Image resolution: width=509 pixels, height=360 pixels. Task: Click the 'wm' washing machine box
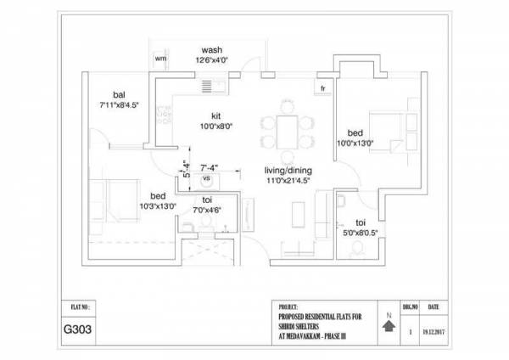pyautogui.click(x=160, y=59)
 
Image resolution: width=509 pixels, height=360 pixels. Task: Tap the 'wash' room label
pyautogui.click(x=211, y=49)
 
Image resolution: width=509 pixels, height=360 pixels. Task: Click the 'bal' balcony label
pyautogui.click(x=119, y=95)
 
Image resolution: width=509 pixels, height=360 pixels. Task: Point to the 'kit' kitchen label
pyautogui.click(x=215, y=115)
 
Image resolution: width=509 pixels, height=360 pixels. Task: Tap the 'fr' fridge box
pyautogui.click(x=323, y=87)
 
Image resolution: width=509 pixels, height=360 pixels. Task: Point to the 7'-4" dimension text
pyautogui.click(x=210, y=167)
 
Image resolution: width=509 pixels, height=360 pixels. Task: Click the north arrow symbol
pyautogui.click(x=389, y=326)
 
